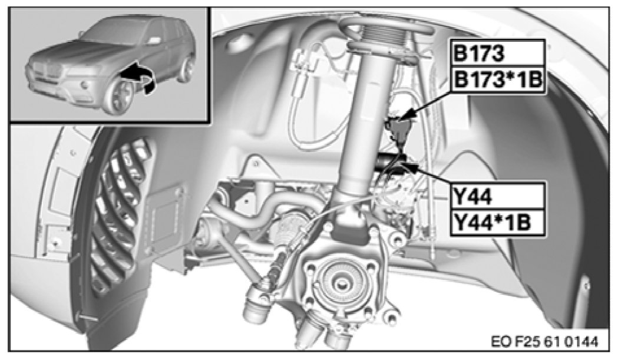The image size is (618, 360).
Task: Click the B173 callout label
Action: click(498, 53)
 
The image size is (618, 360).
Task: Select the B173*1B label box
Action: click(498, 80)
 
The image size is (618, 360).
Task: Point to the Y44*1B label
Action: click(498, 222)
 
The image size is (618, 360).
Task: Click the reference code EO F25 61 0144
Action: click(544, 341)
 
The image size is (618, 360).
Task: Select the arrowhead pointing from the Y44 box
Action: click(410, 168)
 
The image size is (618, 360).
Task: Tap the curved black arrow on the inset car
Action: click(138, 78)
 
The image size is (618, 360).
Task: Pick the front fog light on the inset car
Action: click(84, 84)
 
